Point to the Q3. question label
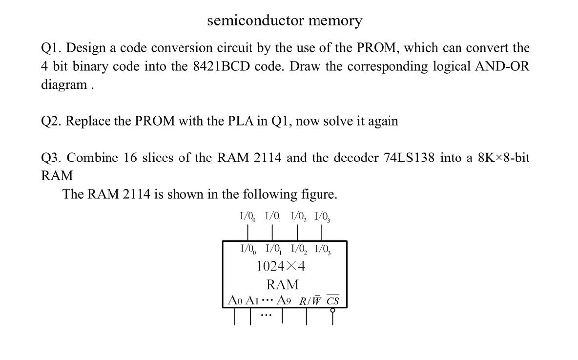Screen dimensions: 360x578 tap(52, 158)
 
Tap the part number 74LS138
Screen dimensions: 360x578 tap(409, 158)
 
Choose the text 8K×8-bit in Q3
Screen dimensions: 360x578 tap(504, 158)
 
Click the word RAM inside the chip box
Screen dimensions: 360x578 tap(283, 284)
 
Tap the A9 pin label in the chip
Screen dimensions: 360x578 tap(284, 300)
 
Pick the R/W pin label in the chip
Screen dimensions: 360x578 tap(310, 300)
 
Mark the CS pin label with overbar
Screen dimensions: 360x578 tap(333, 300)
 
